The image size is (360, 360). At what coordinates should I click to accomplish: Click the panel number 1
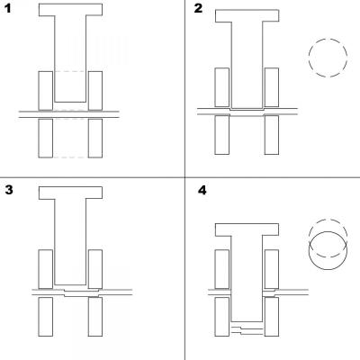[x=7, y=8]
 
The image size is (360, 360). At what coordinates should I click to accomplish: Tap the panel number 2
[x=199, y=8]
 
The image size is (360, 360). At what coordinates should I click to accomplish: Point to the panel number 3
[x=9, y=190]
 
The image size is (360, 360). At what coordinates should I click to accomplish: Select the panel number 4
[x=202, y=190]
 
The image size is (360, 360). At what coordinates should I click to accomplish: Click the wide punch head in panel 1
[x=70, y=10]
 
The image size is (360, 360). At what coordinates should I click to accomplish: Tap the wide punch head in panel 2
[x=247, y=15]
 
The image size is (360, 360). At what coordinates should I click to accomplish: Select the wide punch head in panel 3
[x=70, y=193]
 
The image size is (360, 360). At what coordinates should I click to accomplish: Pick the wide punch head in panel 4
[x=247, y=229]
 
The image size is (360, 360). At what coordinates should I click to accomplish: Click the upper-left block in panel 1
[x=46, y=91]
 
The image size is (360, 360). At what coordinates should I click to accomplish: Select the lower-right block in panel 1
[x=95, y=139]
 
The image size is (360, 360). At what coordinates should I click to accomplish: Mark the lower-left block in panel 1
[x=46, y=139]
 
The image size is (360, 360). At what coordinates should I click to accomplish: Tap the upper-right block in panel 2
[x=272, y=87]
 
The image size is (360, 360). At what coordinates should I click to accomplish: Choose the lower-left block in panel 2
[x=222, y=135]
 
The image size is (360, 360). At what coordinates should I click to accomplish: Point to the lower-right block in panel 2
[x=272, y=135]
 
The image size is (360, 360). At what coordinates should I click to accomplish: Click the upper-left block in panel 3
[x=46, y=269]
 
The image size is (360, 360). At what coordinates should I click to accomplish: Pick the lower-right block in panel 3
[x=95, y=317]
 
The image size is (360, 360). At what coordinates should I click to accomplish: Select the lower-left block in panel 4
[x=222, y=317]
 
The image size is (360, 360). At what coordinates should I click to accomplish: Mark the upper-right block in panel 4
[x=272, y=269]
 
